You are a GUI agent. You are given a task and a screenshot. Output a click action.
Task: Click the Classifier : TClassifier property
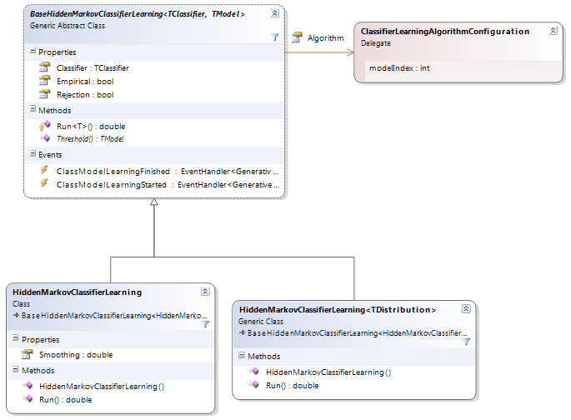click(x=93, y=68)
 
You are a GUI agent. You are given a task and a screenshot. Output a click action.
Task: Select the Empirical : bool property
click(x=85, y=82)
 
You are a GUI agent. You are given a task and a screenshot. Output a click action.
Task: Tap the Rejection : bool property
click(x=85, y=95)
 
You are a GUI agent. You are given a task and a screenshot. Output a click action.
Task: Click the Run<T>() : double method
click(x=91, y=127)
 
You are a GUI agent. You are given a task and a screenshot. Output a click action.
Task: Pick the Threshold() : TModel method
click(x=90, y=139)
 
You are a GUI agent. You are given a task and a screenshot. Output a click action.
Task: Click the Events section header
click(x=50, y=155)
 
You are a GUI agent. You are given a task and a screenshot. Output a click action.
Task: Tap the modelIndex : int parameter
click(x=399, y=68)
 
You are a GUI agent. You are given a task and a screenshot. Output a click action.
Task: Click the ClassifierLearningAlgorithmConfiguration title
click(x=445, y=32)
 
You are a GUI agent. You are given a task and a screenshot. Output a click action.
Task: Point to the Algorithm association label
click(x=326, y=37)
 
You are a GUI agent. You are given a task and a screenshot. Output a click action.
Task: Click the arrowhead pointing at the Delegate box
click(x=350, y=52)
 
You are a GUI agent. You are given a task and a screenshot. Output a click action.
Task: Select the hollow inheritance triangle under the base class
click(x=154, y=202)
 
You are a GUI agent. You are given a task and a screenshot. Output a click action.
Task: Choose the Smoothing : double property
click(x=76, y=355)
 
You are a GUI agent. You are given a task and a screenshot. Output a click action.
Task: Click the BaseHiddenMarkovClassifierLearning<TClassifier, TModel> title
click(x=138, y=14)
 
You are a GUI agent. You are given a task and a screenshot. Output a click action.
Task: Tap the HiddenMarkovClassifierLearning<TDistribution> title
click(x=338, y=310)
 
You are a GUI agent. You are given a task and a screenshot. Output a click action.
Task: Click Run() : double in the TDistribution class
click(x=292, y=386)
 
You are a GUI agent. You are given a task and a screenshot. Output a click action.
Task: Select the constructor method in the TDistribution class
click(x=328, y=372)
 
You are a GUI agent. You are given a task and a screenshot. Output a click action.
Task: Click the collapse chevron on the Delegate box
click(x=553, y=31)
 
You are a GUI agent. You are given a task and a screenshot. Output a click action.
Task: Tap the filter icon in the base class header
click(x=275, y=37)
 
